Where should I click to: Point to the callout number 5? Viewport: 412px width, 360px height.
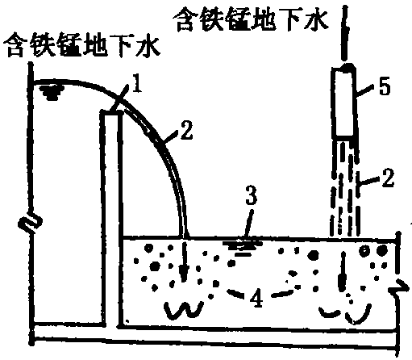pos(385,86)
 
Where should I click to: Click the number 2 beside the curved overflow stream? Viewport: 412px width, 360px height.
pos(186,130)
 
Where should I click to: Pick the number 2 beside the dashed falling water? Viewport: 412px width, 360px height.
pos(388,178)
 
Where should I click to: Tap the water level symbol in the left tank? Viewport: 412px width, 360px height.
pos(51,92)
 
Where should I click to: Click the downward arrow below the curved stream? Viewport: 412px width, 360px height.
pos(184,262)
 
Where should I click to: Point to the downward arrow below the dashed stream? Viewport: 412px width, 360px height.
pos(343,272)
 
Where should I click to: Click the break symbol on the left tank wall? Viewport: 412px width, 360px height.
pos(31,221)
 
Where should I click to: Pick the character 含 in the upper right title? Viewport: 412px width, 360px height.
pos(186,19)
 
